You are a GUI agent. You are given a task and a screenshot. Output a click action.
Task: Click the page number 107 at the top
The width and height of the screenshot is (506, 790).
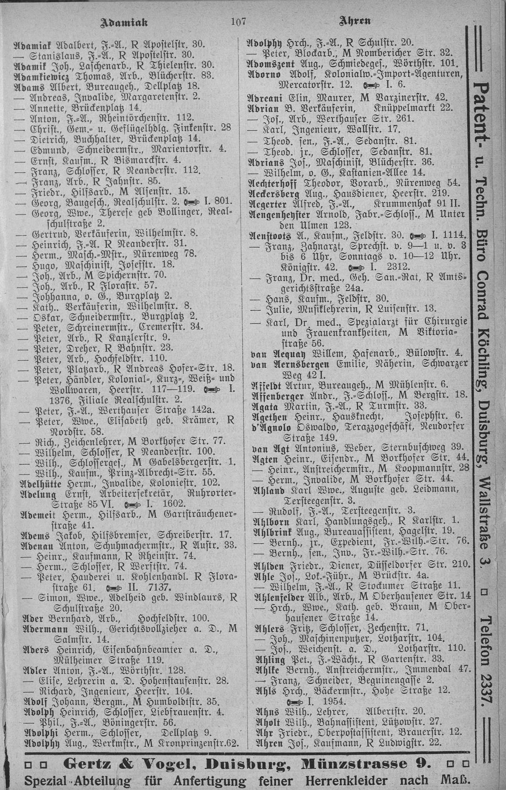238,21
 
